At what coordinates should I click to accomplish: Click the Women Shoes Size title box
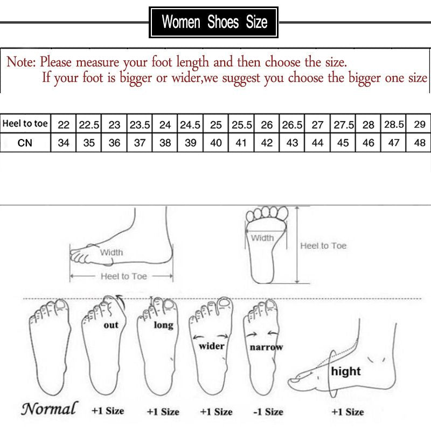pos(214,23)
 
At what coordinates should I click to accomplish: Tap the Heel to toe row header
pos(25,124)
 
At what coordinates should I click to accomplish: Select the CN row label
pos(25,143)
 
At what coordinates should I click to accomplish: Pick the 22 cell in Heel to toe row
pos(64,124)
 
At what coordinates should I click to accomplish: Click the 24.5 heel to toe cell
pos(190,124)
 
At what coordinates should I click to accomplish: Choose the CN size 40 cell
pos(215,143)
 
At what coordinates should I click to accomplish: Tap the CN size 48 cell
pos(419,143)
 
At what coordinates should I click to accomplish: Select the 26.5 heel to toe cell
pos(292,124)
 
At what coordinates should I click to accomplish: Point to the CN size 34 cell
pos(64,143)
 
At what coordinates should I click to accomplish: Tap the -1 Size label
pos(268,412)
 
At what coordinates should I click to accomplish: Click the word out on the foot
pos(111,325)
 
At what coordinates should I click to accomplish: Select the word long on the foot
pos(163,325)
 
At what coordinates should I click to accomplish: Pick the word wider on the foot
pos(212,346)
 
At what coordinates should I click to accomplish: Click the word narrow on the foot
pos(266,347)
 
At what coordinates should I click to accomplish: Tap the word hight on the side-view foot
pos(346,371)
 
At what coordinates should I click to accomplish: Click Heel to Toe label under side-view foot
pos(123,276)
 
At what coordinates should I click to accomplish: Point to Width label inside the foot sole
pos(262,238)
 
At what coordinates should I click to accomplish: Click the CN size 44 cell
pos(318,143)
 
